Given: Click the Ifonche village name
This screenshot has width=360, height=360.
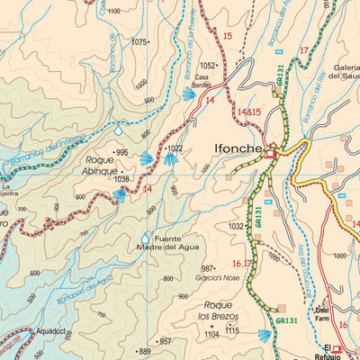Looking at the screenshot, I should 238,148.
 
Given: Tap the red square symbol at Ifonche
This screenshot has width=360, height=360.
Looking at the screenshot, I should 271,156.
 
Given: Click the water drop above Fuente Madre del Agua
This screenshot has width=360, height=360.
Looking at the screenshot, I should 145,238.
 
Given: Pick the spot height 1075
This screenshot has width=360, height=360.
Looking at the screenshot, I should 139,41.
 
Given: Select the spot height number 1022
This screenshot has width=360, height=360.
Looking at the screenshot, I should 175,148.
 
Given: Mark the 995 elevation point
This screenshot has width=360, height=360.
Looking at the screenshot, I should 121,152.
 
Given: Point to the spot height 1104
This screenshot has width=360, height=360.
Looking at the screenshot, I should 211,334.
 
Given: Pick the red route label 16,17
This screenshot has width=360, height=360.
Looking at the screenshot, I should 242,264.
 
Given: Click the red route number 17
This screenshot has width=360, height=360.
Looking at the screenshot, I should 303,50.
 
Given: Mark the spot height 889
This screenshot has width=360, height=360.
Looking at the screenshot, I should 144,351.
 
